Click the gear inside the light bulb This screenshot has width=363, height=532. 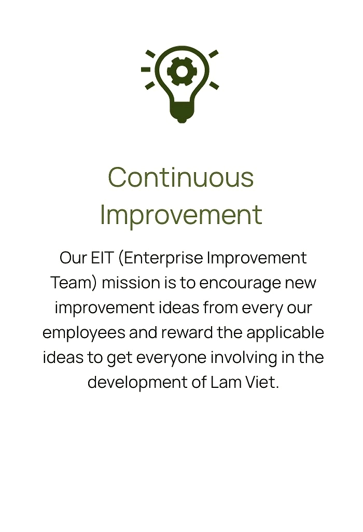(x=181, y=71)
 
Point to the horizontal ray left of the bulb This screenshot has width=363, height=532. (x=146, y=69)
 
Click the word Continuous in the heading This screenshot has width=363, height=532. (x=181, y=177)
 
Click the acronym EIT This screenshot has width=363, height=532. (x=102, y=258)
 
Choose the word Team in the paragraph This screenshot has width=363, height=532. (x=74, y=283)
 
